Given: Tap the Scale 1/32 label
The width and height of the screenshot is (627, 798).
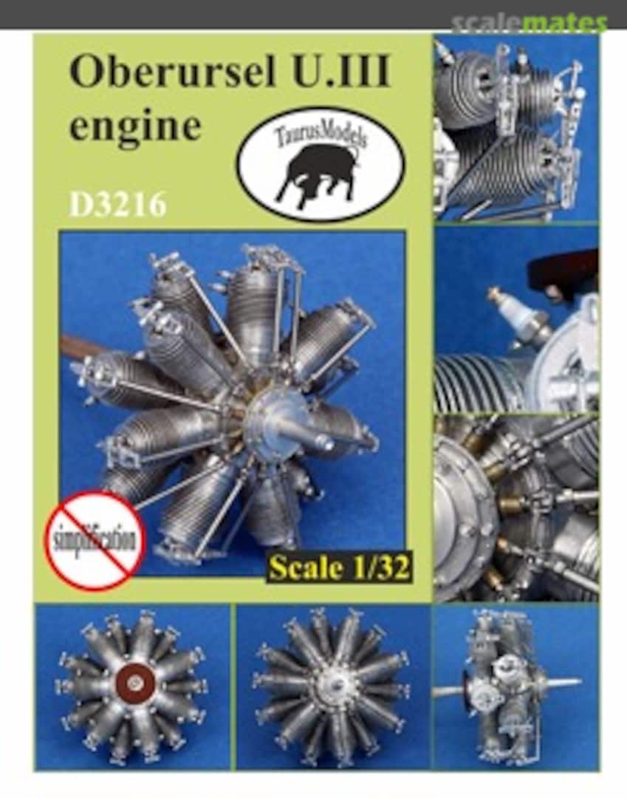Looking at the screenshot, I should coord(339,567).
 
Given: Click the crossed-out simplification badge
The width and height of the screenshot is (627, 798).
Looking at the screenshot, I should coord(95,540).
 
